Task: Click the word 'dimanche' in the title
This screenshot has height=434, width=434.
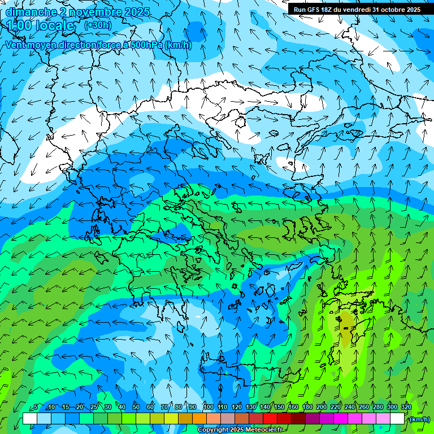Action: point(31,12)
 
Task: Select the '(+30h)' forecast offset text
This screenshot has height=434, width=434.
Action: point(98,25)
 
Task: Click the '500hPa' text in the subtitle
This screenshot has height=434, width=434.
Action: point(146,45)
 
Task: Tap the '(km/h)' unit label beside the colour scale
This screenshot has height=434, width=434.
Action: point(419,419)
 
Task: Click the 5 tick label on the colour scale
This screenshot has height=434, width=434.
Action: point(36,407)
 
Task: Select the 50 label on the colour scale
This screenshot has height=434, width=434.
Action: point(136,407)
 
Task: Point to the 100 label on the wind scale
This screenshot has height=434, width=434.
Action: point(209,407)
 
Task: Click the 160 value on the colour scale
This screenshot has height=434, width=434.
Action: point(293,407)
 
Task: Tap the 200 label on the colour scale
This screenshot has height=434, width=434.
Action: point(322,407)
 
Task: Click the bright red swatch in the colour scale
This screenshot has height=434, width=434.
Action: point(270,419)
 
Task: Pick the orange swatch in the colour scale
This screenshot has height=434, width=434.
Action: point(199,419)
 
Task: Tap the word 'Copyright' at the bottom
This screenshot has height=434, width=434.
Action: point(215,430)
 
